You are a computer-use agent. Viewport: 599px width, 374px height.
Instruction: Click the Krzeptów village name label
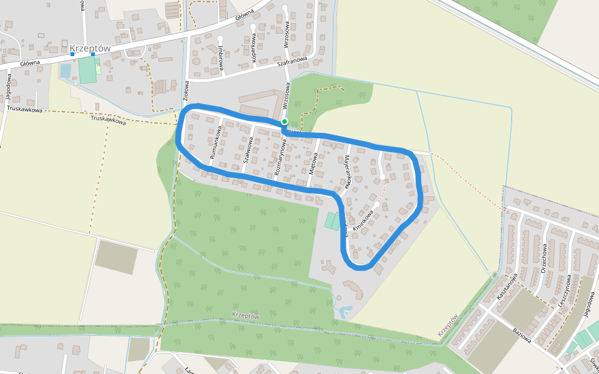tap(90, 48)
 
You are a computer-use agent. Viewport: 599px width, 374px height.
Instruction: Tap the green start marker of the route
tap(285, 122)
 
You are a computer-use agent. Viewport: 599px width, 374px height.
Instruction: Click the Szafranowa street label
tap(293, 62)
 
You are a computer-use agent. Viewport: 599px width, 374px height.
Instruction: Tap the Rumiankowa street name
tap(216, 143)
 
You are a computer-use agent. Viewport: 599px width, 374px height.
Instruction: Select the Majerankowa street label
tap(345, 172)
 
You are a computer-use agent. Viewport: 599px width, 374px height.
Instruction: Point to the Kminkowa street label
tap(363, 221)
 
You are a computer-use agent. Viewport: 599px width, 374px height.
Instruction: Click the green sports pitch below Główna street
tap(87, 70)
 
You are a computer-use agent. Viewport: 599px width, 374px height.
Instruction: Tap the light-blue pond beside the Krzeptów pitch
tap(66, 71)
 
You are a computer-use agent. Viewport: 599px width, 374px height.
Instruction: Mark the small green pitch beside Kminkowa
tap(331, 221)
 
